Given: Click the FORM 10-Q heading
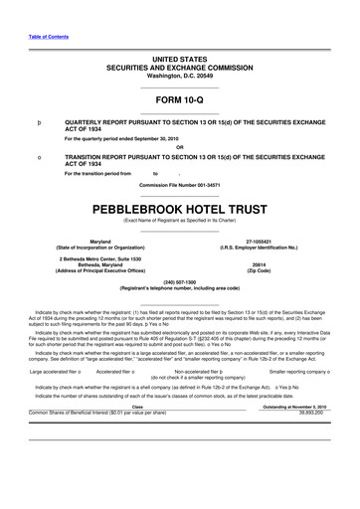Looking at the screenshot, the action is [x=179, y=101].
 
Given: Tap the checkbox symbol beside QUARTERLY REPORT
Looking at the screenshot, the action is [x=38, y=127].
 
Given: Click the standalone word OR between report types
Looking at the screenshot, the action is [x=179, y=148].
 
